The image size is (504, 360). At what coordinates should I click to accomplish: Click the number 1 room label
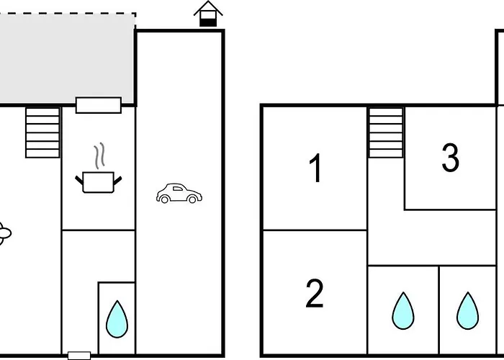[315, 169]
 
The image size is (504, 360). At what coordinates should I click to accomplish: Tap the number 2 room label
[314, 294]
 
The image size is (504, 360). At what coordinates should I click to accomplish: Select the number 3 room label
[450, 158]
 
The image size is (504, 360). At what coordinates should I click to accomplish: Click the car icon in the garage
[179, 194]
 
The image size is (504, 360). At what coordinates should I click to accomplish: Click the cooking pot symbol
[98, 181]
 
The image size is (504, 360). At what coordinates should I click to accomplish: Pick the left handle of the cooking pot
[79, 179]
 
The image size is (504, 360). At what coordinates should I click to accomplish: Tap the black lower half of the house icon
[208, 22]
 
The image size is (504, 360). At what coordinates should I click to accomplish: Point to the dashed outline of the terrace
[72, 13]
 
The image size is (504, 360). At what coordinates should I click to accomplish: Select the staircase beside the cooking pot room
[42, 132]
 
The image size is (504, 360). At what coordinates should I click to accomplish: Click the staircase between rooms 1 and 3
[386, 132]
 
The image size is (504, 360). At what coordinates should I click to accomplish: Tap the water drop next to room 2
[402, 310]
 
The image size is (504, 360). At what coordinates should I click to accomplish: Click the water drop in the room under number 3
[467, 310]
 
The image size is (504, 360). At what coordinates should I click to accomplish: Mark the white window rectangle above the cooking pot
[99, 105]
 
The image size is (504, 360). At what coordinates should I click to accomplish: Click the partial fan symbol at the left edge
[4, 234]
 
